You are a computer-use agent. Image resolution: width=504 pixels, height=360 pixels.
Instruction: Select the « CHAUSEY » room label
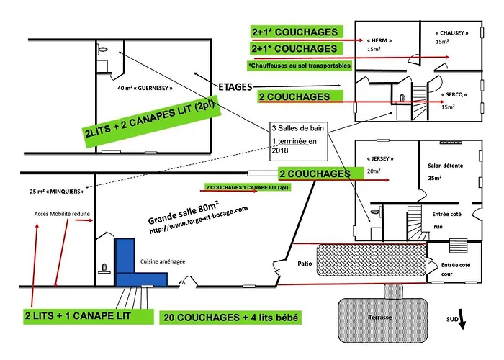(x=451, y=33)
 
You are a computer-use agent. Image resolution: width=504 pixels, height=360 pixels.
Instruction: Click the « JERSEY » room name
(x=378, y=159)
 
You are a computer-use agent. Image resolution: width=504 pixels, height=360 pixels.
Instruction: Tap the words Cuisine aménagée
(x=161, y=261)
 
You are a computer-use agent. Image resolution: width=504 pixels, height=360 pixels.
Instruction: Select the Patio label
(x=304, y=264)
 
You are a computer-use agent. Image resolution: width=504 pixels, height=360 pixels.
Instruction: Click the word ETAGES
(x=232, y=86)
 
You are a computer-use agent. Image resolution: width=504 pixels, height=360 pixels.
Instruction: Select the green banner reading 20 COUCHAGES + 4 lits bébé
(x=231, y=318)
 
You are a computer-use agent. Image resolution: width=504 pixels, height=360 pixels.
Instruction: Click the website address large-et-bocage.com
(x=198, y=220)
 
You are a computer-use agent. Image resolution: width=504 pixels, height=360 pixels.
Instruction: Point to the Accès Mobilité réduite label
(x=60, y=215)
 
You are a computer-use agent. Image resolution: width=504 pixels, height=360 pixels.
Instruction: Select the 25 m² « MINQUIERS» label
(x=52, y=192)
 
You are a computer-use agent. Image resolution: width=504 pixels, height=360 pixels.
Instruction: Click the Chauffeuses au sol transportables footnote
(x=299, y=66)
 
